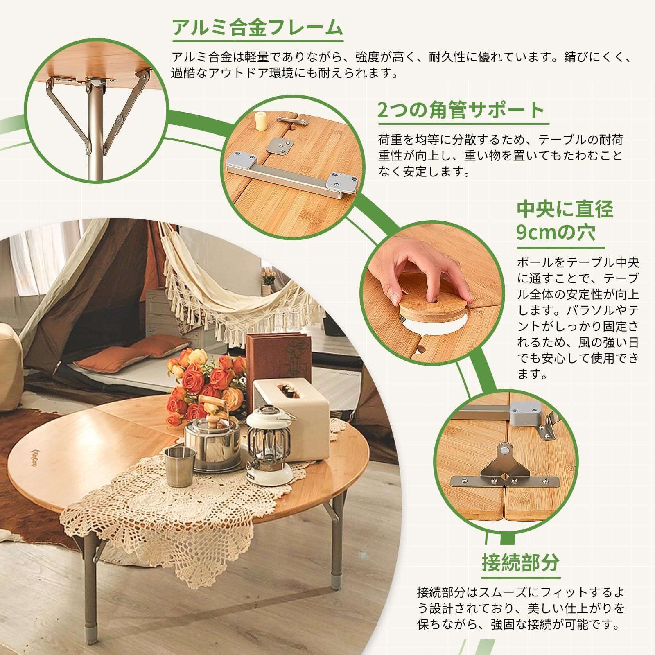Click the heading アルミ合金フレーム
tap(257, 28)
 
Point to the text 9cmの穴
tap(556, 233)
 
